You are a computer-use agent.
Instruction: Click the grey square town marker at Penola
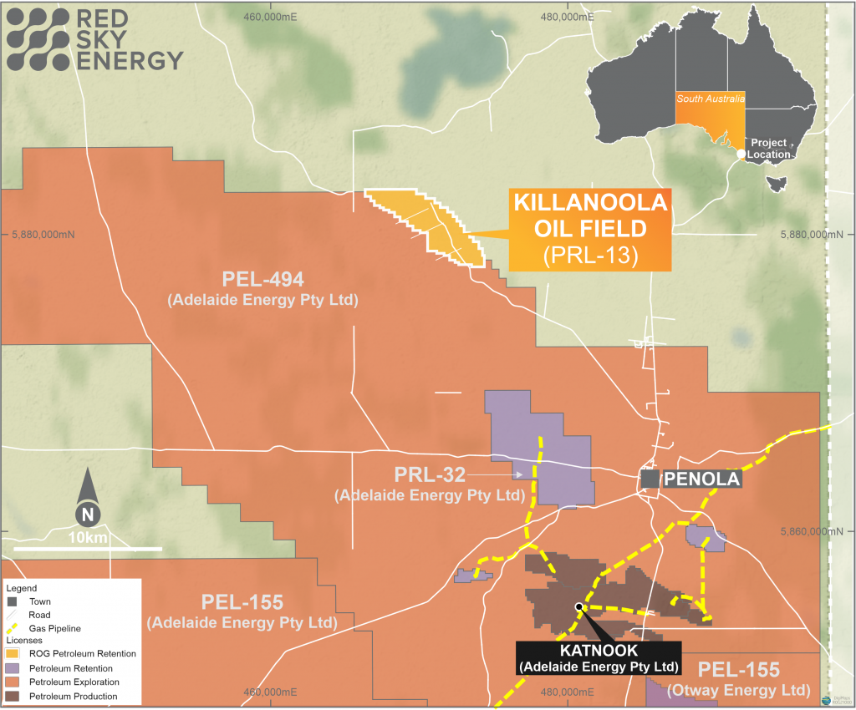click(x=650, y=479)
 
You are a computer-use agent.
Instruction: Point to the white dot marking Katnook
click(x=578, y=607)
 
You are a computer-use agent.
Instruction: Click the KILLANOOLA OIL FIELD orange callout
click(x=589, y=230)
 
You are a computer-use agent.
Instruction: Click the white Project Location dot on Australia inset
click(x=741, y=155)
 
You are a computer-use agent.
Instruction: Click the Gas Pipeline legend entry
click(x=55, y=627)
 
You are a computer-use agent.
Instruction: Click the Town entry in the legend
click(x=38, y=601)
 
